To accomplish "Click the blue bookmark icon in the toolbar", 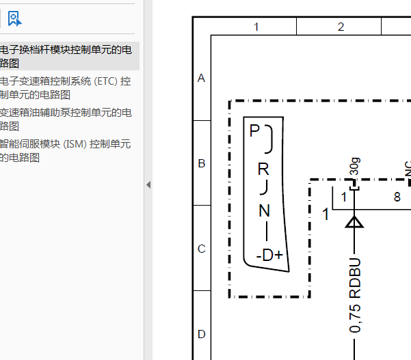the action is pos(14,18).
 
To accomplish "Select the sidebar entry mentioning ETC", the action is pos(65,88).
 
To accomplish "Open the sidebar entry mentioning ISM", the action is pos(65,151).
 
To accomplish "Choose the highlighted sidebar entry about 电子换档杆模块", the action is pos(66,56).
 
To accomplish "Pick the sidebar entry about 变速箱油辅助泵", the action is pos(66,120).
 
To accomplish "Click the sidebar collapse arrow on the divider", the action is pos(148,185).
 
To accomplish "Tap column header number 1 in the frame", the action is pos(256,27).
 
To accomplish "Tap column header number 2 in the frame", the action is pos(341,27).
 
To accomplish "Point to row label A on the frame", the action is pos(201,78).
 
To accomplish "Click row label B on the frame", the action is pos(202,163).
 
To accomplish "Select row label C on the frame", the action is pos(202,249).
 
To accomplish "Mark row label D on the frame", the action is pos(202,334).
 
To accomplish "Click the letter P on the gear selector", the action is pos(254,130).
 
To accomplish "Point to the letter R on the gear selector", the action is pos(263,169).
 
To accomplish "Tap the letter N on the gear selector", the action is pos(264,210).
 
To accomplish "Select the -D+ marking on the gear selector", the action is pos(269,255).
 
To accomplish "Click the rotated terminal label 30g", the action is pos(355,166).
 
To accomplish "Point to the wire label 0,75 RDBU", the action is pos(355,295).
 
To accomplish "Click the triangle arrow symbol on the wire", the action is pos(354,222).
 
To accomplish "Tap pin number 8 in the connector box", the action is pos(397,197).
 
